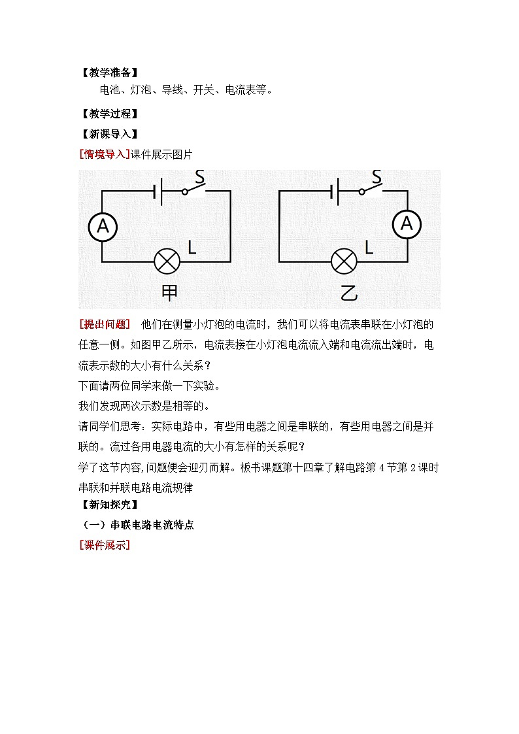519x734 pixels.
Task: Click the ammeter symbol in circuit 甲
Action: pyautogui.click(x=103, y=226)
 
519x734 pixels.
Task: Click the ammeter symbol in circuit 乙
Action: pyautogui.click(x=407, y=224)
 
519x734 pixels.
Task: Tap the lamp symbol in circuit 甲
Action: pyautogui.click(x=167, y=262)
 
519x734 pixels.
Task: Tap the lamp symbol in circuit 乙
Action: pyautogui.click(x=344, y=262)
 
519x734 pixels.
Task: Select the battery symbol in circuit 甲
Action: pyautogui.click(x=158, y=192)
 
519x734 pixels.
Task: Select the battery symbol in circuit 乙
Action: pyautogui.click(x=335, y=192)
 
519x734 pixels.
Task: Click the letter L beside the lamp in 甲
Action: pyautogui.click(x=192, y=248)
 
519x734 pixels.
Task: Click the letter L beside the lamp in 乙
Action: pyautogui.click(x=369, y=248)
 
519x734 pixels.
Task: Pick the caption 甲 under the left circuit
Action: pyautogui.click(x=169, y=292)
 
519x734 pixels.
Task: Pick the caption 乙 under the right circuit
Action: pyautogui.click(x=348, y=292)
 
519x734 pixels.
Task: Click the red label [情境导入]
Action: pyautogui.click(x=104, y=154)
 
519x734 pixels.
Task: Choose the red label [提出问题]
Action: pyautogui.click(x=104, y=324)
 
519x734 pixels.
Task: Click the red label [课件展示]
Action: pyautogui.click(x=104, y=545)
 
